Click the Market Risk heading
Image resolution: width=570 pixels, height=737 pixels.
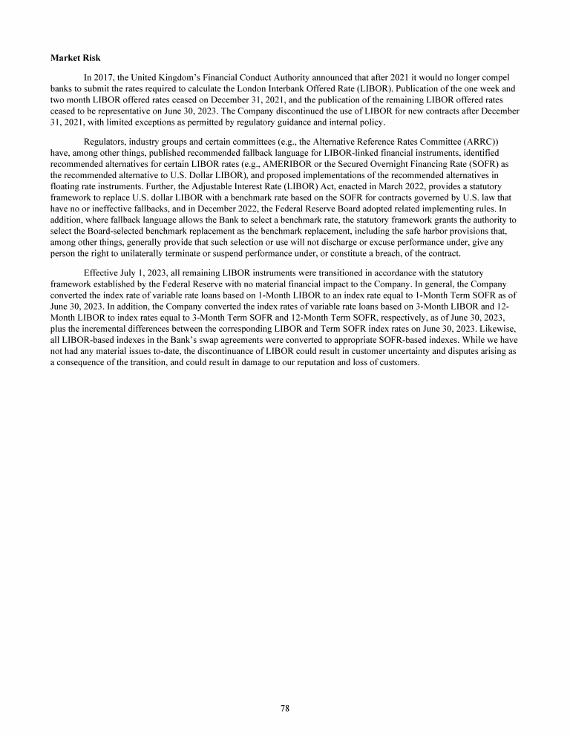pyautogui.click(x=78, y=57)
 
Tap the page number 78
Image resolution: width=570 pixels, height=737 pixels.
pyautogui.click(x=285, y=708)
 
